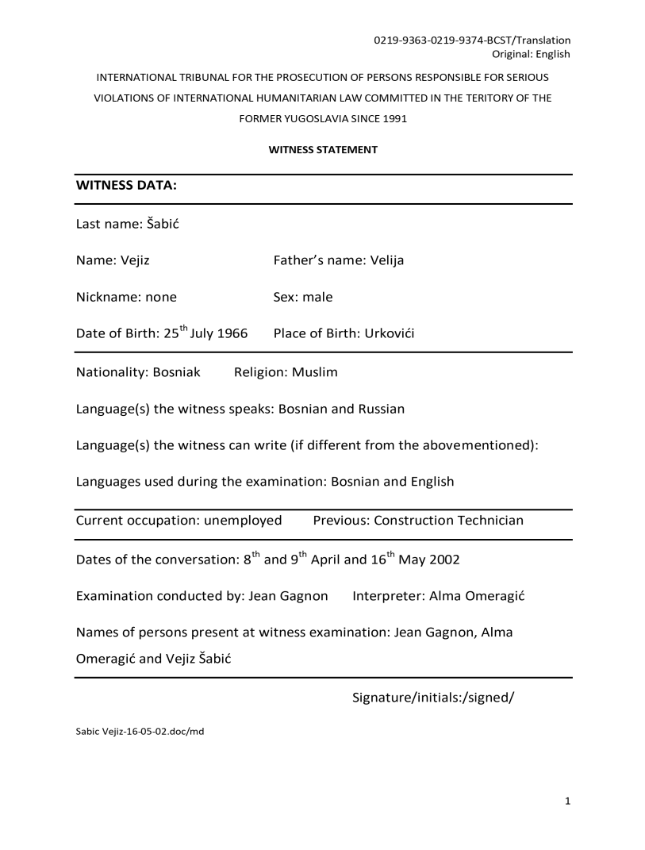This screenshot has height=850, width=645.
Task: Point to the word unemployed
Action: coord(243,521)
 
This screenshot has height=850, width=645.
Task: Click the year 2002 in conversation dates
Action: coord(443,559)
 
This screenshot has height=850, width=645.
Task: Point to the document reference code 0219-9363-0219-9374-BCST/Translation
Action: coord(472,40)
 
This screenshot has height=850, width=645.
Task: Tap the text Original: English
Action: coord(532,54)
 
